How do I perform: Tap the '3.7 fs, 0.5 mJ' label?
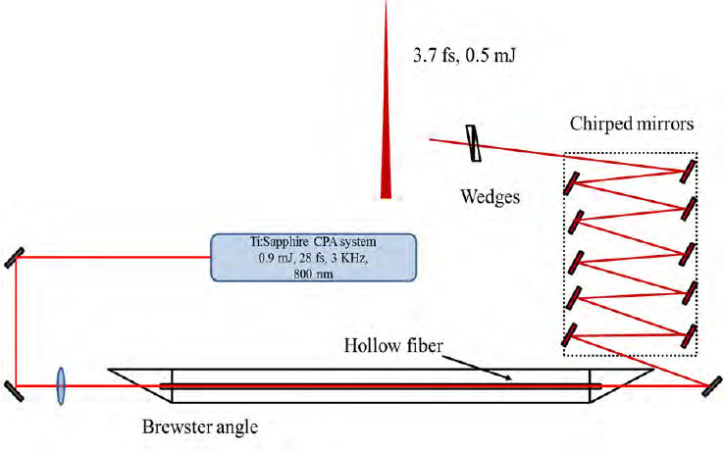pyautogui.click(x=462, y=56)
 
